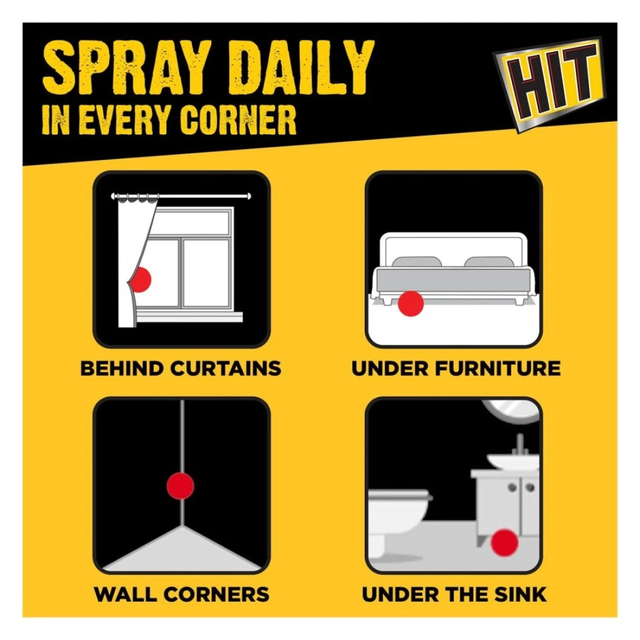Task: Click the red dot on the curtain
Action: pyautogui.click(x=140, y=279)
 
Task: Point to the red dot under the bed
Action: pyautogui.click(x=411, y=303)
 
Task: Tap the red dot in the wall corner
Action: pyautogui.click(x=180, y=486)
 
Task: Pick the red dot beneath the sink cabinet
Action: pyautogui.click(x=504, y=543)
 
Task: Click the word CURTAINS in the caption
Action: pyautogui.click(x=226, y=368)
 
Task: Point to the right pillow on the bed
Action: pyautogui.click(x=488, y=262)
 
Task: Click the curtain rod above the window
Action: pyautogui.click(x=181, y=196)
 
